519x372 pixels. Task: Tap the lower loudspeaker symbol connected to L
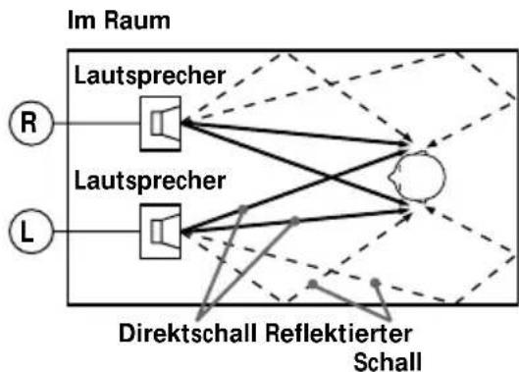point(160,233)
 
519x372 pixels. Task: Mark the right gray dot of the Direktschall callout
point(292,222)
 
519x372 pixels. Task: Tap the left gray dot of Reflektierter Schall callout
point(311,284)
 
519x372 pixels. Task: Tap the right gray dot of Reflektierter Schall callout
point(376,284)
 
